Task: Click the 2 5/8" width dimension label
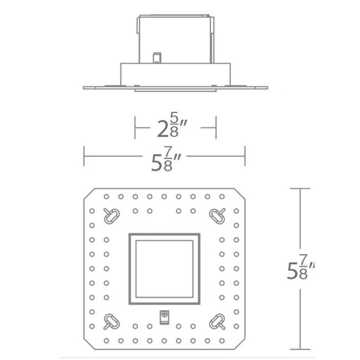point(172,126)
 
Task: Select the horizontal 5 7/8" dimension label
point(166,159)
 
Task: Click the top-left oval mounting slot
point(112,216)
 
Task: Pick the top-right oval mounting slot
point(217,216)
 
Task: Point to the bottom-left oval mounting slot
point(112,321)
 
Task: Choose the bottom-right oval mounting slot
point(217,321)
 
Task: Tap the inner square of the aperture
point(164,269)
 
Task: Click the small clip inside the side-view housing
point(157,58)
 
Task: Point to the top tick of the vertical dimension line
point(300,189)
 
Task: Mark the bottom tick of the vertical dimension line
point(300,350)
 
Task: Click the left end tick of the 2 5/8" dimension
point(135,128)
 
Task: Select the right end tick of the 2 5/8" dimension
point(216,128)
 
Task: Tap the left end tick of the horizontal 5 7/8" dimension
point(84,156)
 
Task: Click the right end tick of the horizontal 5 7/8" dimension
point(245,156)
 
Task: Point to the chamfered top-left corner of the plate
point(89,194)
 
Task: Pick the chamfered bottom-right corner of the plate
point(240,344)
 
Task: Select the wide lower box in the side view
point(175,75)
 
